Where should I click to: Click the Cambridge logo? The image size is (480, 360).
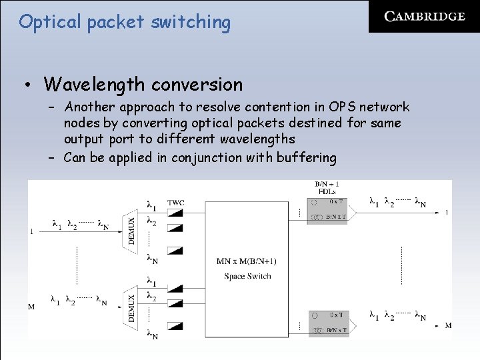click(425, 17)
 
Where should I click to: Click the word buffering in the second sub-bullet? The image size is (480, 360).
click(305, 157)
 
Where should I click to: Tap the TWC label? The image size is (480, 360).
click(176, 203)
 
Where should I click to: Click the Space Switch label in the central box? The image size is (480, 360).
click(247, 276)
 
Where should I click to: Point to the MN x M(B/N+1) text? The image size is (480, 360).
click(247, 261)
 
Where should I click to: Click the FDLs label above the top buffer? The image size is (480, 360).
click(325, 191)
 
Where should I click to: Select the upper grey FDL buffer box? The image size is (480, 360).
click(328, 209)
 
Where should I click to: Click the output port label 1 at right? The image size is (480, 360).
click(446, 213)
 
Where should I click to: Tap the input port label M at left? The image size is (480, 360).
click(31, 307)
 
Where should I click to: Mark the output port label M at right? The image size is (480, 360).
click(448, 325)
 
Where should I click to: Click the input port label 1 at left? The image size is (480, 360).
click(31, 231)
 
